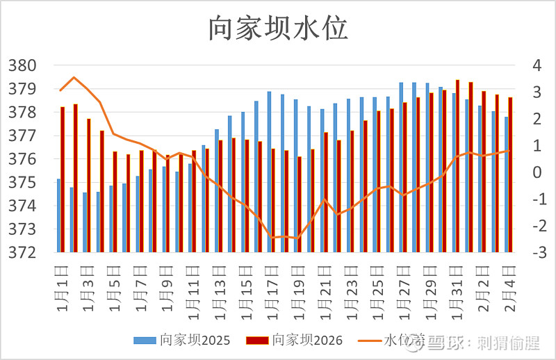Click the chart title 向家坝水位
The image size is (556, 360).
[278, 28]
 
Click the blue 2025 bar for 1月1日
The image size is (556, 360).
[58, 215]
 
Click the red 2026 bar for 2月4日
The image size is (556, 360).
[510, 174]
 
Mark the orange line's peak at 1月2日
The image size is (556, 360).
[75, 77]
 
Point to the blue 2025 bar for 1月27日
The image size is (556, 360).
[401, 167]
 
